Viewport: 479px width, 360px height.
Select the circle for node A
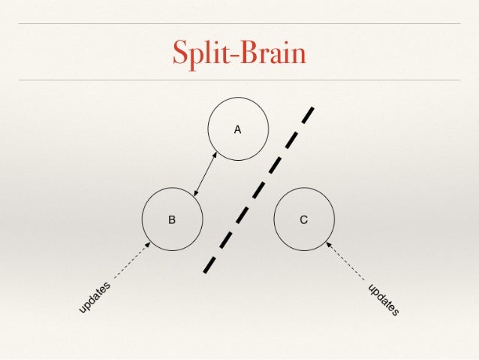(x=237, y=129)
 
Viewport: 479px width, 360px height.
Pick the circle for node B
(x=172, y=219)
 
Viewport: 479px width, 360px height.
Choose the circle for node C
(x=303, y=219)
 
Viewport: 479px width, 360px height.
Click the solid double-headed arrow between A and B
(x=205, y=174)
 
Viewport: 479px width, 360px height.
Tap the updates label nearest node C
(x=383, y=299)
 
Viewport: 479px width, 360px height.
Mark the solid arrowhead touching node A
(x=215, y=156)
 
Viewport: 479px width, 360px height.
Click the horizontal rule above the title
(x=239, y=23)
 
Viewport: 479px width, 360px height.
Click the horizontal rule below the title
(x=239, y=80)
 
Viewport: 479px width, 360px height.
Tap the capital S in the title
(x=179, y=52)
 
